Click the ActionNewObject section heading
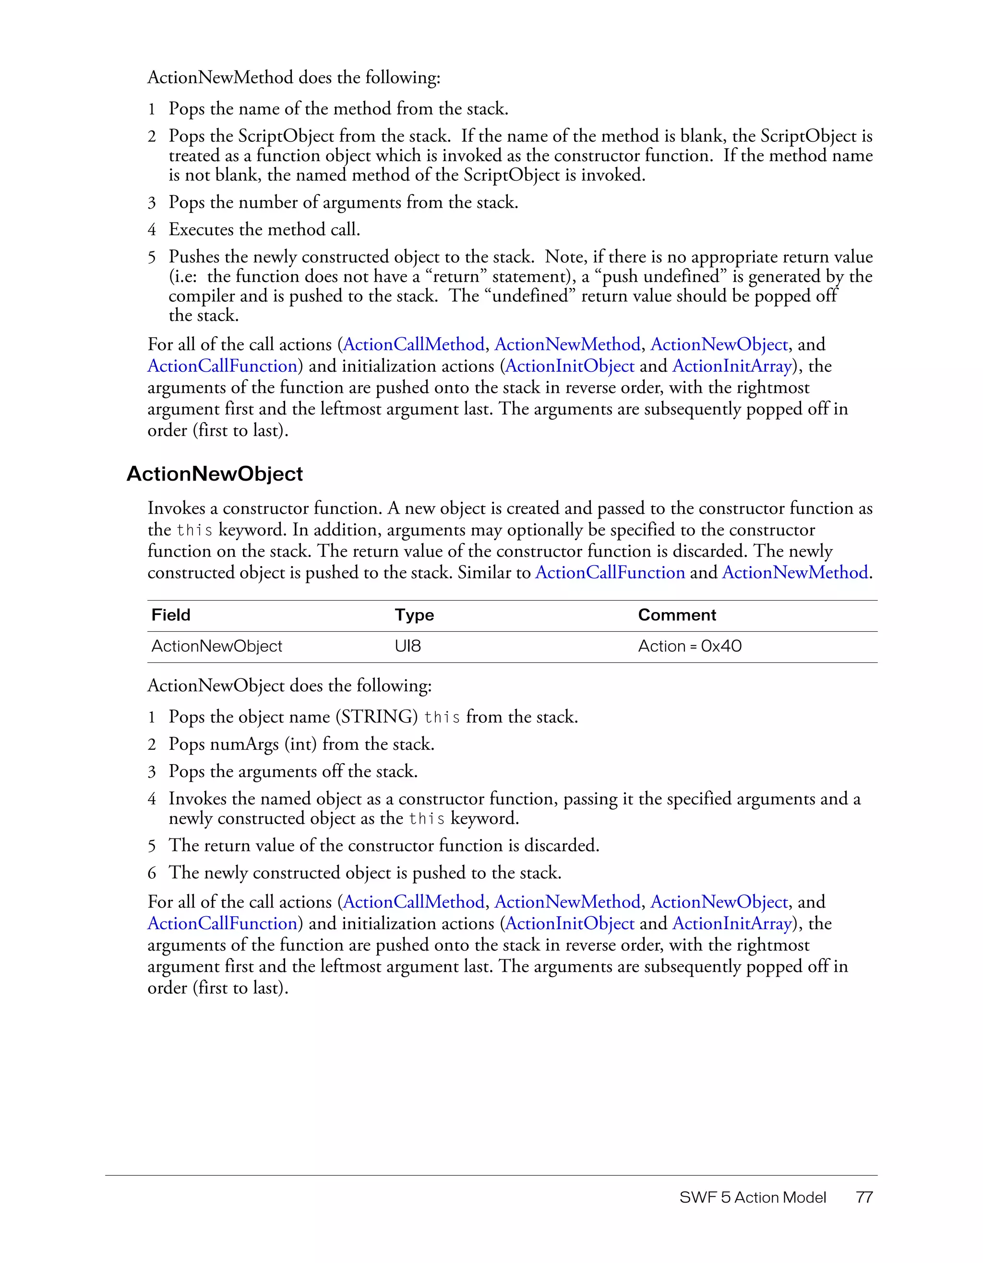click(214, 473)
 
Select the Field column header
click(171, 615)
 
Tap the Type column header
click(414, 615)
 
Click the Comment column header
click(676, 615)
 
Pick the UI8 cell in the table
click(408, 646)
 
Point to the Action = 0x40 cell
click(689, 646)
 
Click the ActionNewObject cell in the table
click(216, 646)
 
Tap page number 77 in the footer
click(864, 1197)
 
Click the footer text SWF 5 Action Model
click(752, 1197)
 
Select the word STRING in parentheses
click(377, 717)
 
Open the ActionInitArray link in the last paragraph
click(731, 923)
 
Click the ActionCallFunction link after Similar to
click(610, 573)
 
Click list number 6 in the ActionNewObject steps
click(152, 873)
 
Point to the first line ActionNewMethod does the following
click(293, 78)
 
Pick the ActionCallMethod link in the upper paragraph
click(414, 345)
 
